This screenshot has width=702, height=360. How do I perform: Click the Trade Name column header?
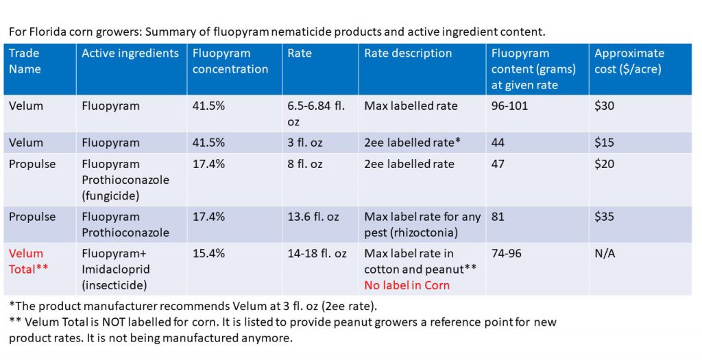click(25, 61)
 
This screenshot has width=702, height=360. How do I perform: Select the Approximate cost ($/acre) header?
click(629, 61)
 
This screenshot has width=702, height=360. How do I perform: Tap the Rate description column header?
click(408, 53)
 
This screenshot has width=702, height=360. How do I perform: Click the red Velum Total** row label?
click(28, 261)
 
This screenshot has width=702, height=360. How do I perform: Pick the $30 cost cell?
click(604, 106)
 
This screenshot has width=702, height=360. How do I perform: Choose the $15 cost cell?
click(604, 143)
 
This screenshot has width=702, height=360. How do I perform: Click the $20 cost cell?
click(604, 164)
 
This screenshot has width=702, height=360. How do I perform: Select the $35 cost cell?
click(604, 217)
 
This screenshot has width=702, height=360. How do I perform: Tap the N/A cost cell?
click(605, 254)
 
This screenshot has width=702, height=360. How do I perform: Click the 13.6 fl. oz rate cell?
click(313, 217)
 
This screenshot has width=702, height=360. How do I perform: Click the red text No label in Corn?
click(407, 285)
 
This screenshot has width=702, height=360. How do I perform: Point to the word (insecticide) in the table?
click(114, 285)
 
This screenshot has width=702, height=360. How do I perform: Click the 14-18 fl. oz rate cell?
click(317, 254)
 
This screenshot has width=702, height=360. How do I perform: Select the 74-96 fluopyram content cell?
click(507, 254)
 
